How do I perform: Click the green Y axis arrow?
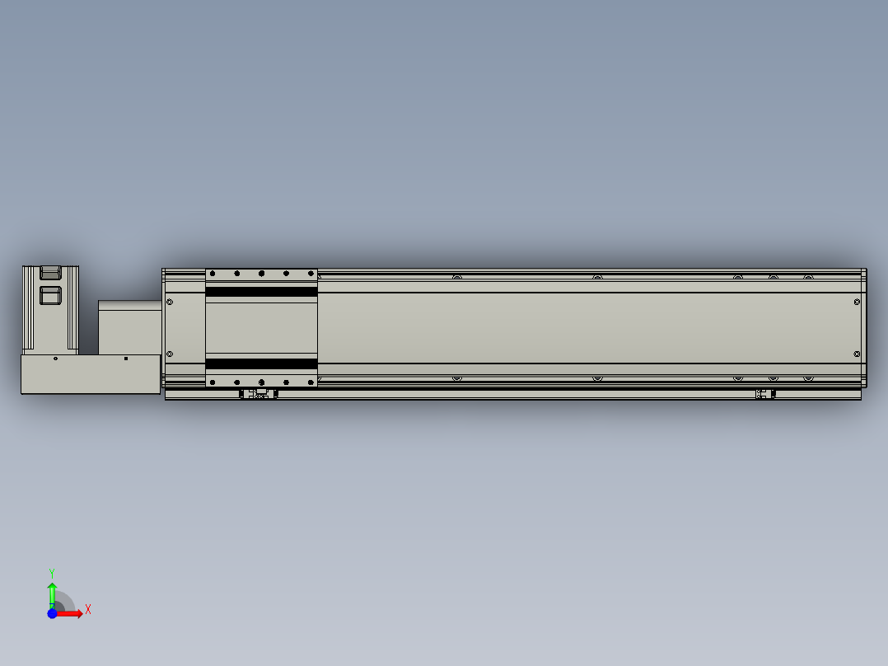(x=52, y=593)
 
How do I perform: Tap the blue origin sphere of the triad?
(x=53, y=613)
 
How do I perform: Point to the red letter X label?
(x=88, y=610)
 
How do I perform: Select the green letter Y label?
(x=51, y=572)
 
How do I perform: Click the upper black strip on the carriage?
(x=261, y=291)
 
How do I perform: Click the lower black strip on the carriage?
(x=261, y=363)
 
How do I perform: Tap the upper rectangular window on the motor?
(x=50, y=271)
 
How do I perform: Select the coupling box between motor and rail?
(x=129, y=327)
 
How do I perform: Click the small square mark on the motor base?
(x=126, y=359)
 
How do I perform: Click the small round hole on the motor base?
(x=55, y=359)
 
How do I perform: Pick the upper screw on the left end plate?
(x=170, y=302)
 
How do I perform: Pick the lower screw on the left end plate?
(x=170, y=354)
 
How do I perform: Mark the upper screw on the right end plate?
(x=858, y=302)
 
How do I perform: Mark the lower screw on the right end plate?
(x=858, y=354)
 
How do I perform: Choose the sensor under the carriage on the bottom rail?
(x=259, y=394)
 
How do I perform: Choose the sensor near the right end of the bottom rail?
(x=765, y=394)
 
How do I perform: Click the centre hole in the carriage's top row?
(x=261, y=273)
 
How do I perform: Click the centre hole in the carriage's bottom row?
(x=261, y=382)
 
